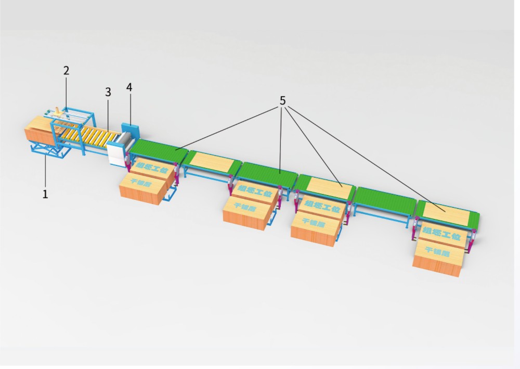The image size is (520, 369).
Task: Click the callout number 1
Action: [x=45, y=194]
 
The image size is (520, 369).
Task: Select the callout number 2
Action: [x=66, y=71]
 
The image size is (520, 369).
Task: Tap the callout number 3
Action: [x=108, y=92]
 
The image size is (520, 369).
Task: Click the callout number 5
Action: [x=282, y=100]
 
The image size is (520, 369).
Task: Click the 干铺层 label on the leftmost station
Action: [x=138, y=183]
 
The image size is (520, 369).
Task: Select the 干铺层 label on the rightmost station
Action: [x=435, y=250]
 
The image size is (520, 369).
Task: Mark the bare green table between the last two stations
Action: [x=385, y=200]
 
